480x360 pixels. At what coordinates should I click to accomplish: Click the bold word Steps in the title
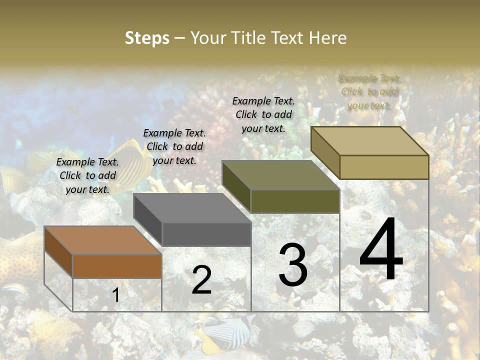pyautogui.click(x=147, y=38)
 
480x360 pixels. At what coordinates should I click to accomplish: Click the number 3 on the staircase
pyautogui.click(x=293, y=265)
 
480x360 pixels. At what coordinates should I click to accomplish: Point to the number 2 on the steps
pyautogui.click(x=201, y=280)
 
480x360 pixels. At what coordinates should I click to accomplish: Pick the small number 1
pyautogui.click(x=115, y=295)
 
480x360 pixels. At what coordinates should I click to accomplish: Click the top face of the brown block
pyautogui.click(x=102, y=240)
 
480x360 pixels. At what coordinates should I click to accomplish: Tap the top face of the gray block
pyautogui.click(x=191, y=207)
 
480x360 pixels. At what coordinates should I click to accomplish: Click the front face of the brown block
pyautogui.click(x=117, y=266)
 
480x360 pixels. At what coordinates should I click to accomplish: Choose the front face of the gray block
pyautogui.click(x=206, y=234)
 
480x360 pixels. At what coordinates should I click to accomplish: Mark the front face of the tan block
pyautogui.click(x=384, y=167)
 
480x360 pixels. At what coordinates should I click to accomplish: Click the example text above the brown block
pyautogui.click(x=87, y=175)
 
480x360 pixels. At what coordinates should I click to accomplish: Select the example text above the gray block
pyautogui.click(x=174, y=146)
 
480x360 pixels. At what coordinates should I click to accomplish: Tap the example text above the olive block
pyautogui.click(x=263, y=114)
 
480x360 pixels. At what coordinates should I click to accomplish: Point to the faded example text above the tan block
pyautogui.click(x=369, y=91)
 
